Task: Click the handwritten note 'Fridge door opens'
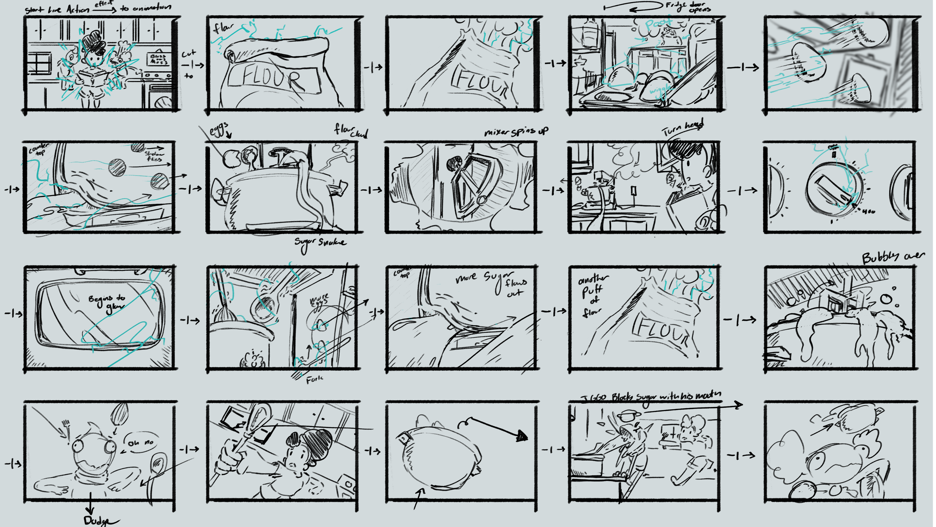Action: coord(687,7)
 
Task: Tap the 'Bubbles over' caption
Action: coord(893,257)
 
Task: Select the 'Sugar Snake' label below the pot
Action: coord(320,243)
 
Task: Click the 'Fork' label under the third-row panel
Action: coord(314,380)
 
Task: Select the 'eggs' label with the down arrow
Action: coord(219,130)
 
